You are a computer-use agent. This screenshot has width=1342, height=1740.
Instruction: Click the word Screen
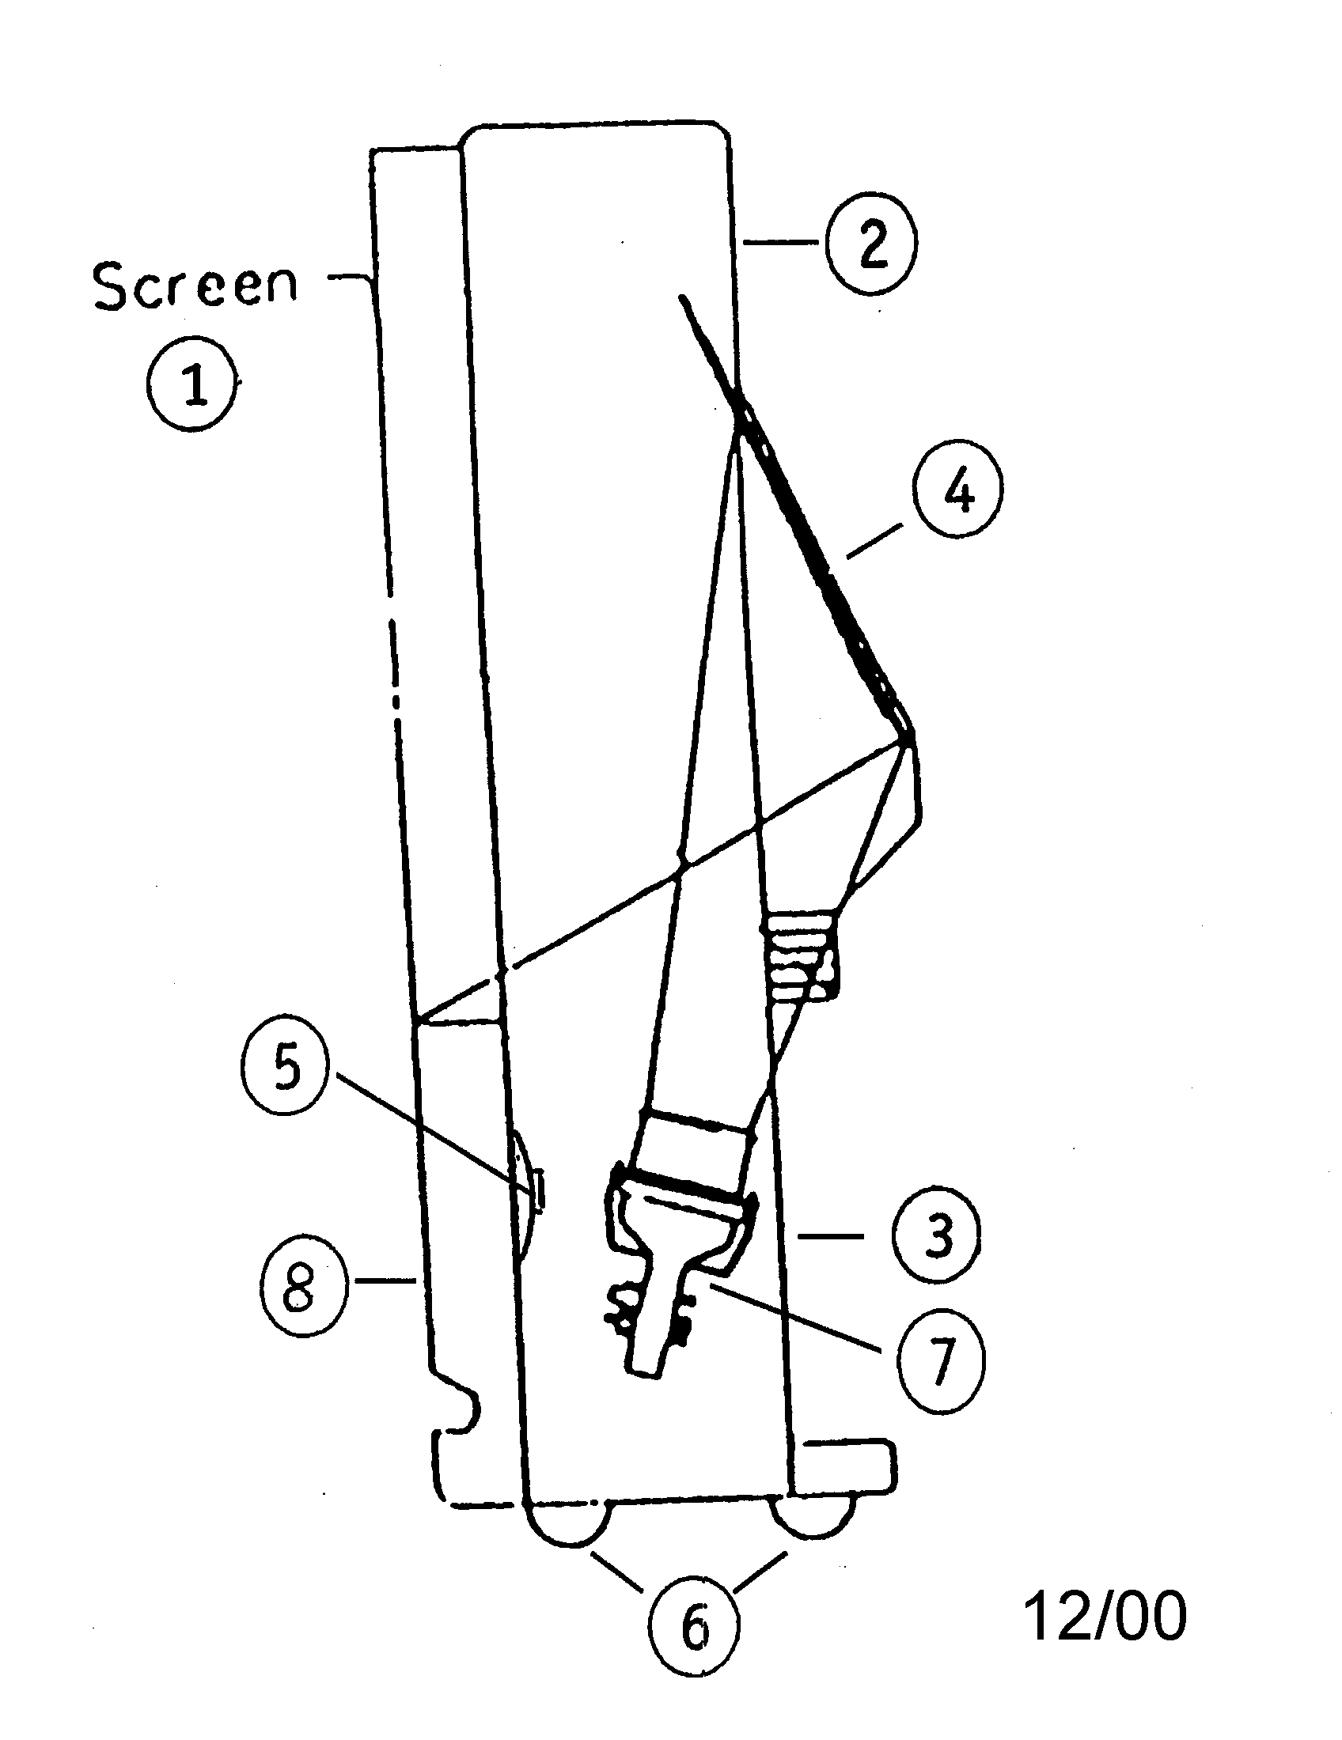(195, 286)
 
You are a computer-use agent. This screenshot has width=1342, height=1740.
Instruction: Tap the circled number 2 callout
(871, 241)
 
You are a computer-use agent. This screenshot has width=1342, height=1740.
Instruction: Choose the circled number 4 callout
(958, 486)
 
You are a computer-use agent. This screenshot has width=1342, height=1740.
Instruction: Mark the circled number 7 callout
(939, 1364)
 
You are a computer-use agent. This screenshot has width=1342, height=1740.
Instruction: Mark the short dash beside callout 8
(385, 1280)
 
